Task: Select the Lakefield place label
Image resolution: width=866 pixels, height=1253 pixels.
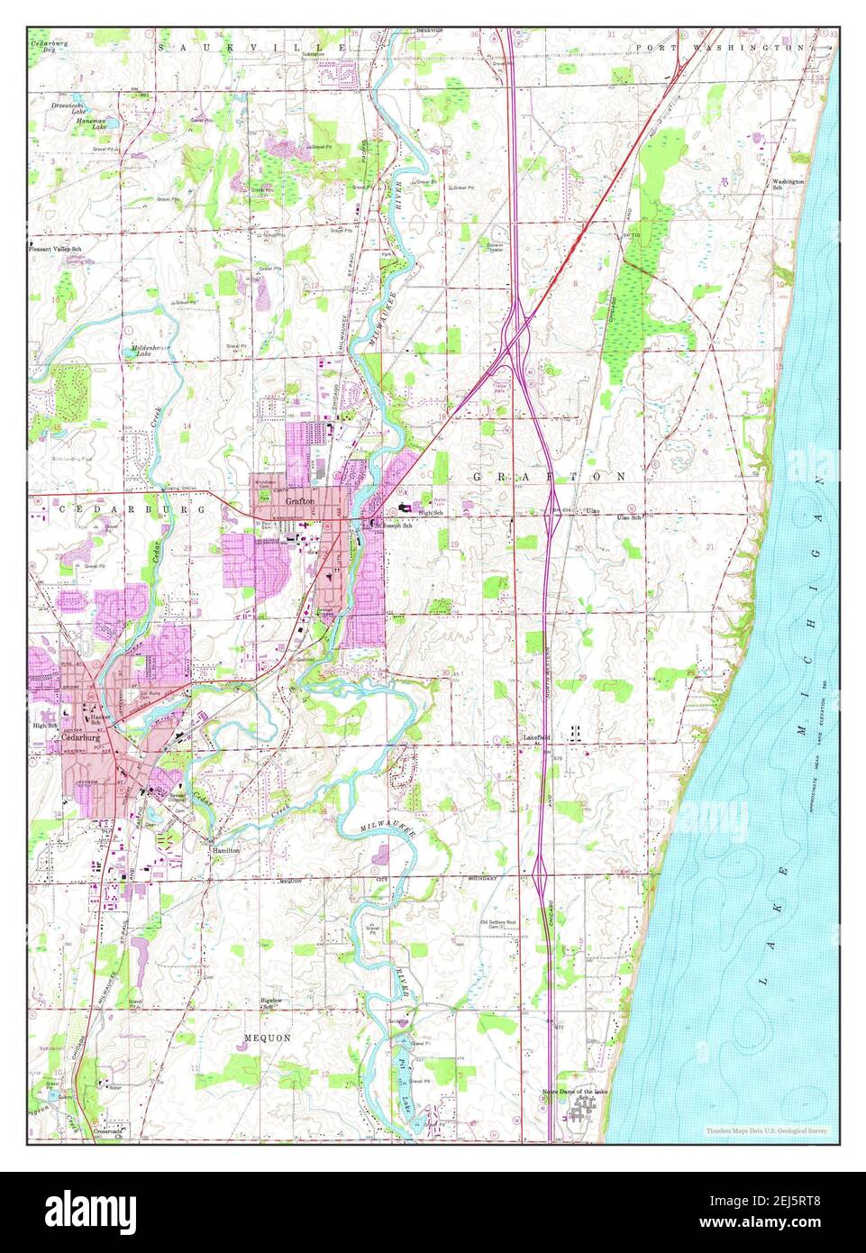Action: pyautogui.click(x=537, y=737)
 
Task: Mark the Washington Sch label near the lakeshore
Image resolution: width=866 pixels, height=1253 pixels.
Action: pyautogui.click(x=787, y=185)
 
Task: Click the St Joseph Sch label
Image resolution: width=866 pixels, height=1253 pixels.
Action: pyautogui.click(x=393, y=526)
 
